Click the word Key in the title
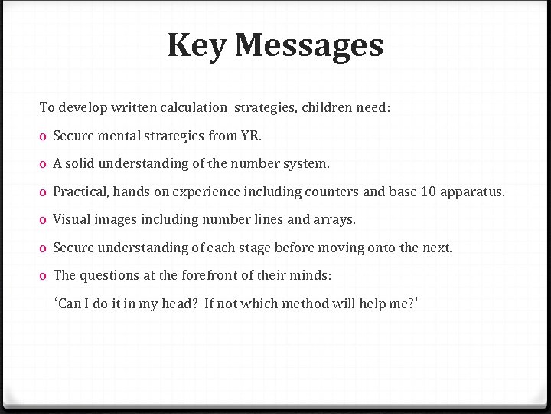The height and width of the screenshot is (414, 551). coord(197,45)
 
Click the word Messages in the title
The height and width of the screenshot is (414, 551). coord(308,45)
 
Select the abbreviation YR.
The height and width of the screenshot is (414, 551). coord(251,136)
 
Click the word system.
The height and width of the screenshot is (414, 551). coord(308,163)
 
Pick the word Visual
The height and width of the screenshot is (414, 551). coord(71,219)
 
